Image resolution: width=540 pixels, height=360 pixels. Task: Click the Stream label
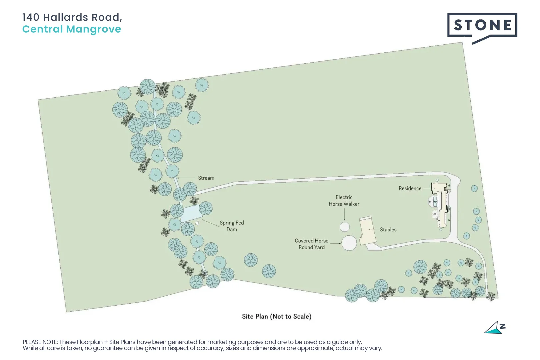pos(206,178)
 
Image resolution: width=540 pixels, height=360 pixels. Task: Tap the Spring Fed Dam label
pos(232,226)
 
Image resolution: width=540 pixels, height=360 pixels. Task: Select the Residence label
pos(410,188)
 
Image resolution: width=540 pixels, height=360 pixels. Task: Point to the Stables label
pos(388,229)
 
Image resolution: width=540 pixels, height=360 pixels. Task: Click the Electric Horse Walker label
pos(344,201)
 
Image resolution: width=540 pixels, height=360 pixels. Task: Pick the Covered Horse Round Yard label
pos(311,244)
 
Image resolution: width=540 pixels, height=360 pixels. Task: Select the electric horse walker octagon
pos(344,227)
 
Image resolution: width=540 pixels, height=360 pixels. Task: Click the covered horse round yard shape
pos(349,243)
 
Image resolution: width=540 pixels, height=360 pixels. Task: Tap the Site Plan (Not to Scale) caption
pos(277,316)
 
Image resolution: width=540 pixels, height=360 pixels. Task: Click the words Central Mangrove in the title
pos(72,29)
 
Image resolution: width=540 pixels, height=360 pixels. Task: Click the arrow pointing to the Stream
pos(186,178)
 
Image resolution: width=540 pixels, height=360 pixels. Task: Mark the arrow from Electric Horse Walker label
pos(344,214)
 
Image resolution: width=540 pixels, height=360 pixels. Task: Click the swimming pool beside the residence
pos(435,202)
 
